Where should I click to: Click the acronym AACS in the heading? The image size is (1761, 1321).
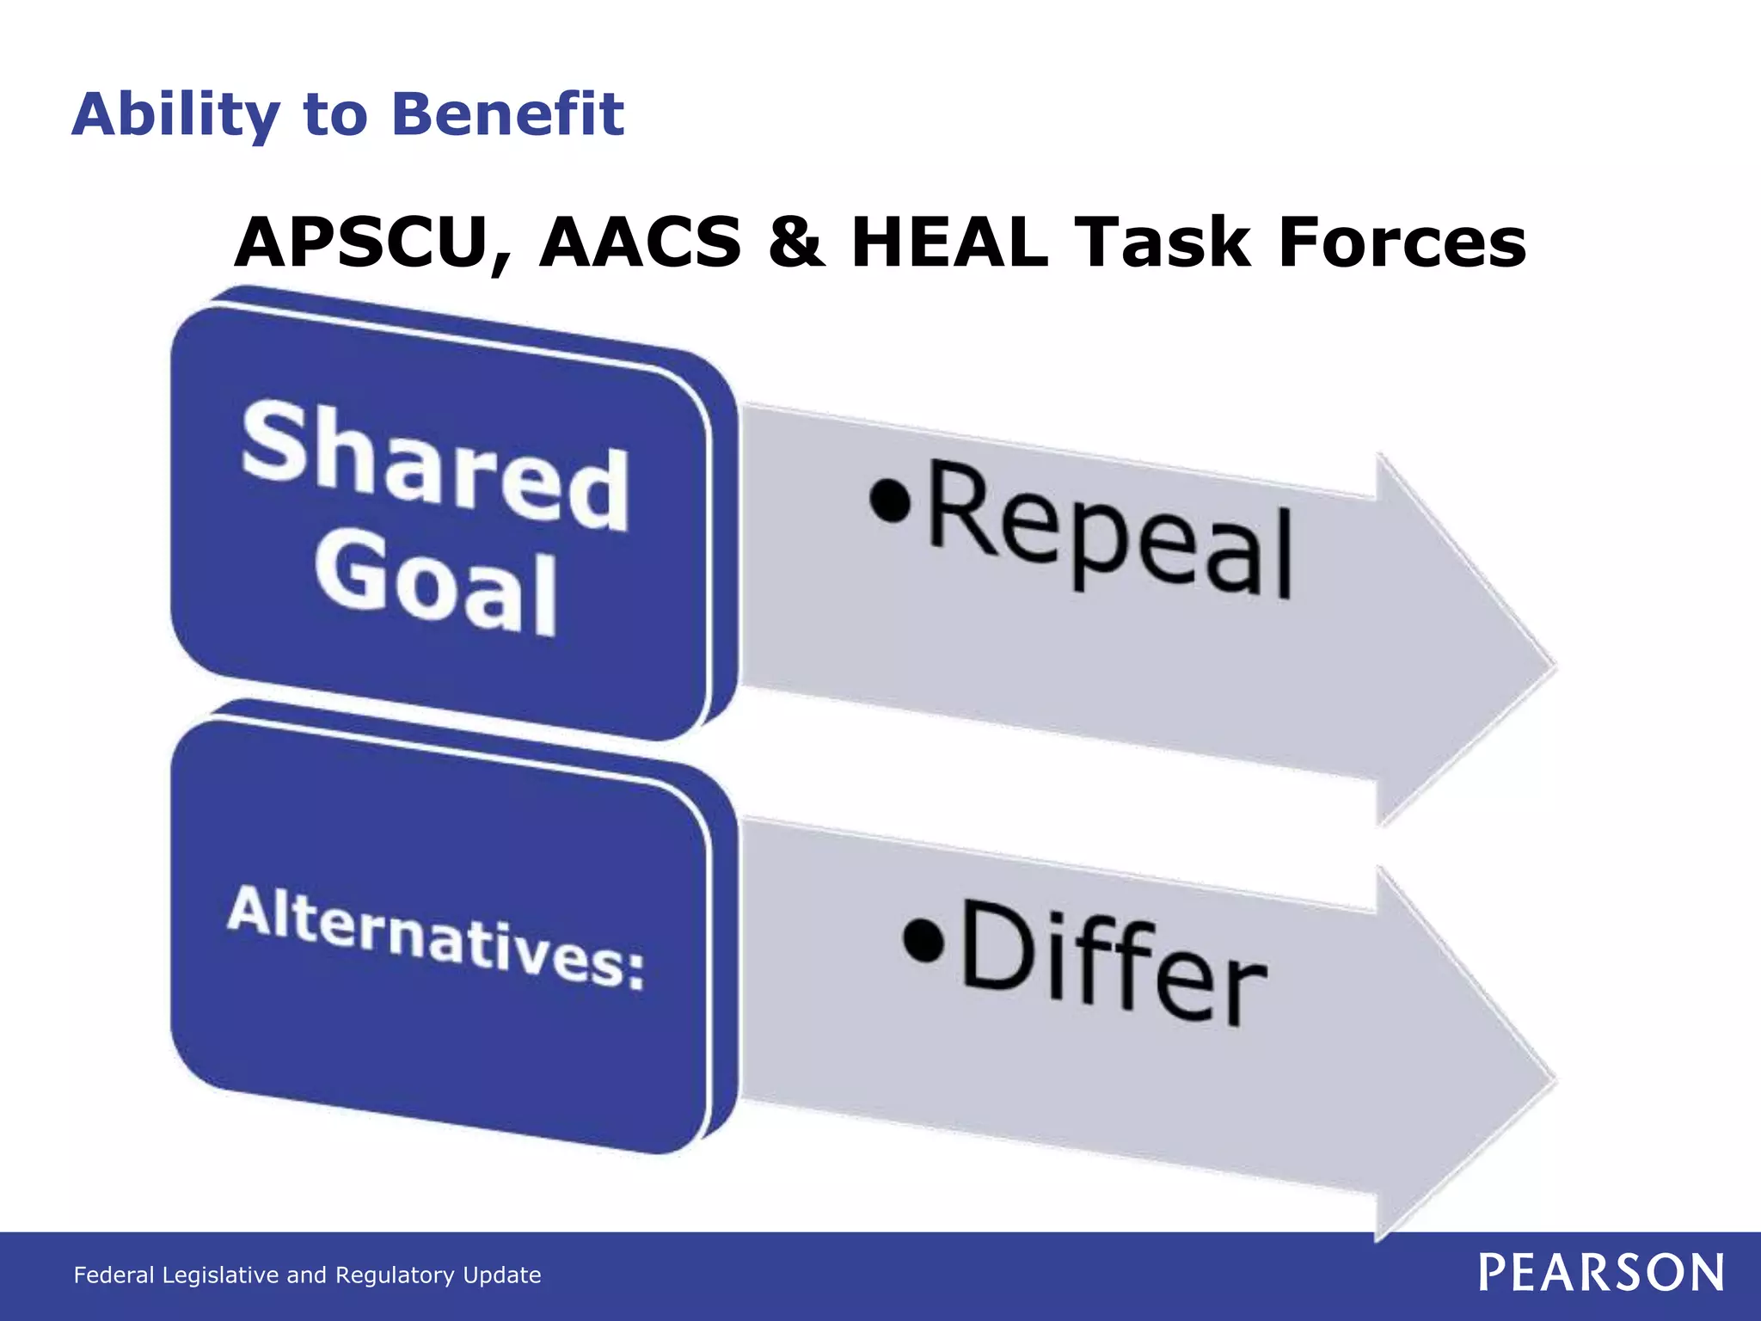(641, 243)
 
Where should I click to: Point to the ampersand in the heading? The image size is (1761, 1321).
(795, 243)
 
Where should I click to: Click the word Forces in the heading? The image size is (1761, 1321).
(1402, 243)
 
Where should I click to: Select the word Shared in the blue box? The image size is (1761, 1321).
(434, 465)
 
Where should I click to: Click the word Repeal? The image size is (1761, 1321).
(1109, 532)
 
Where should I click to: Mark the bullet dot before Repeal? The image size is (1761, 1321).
(889, 501)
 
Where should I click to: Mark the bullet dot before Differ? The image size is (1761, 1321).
(924, 939)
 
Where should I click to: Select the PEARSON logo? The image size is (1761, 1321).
(1601, 1273)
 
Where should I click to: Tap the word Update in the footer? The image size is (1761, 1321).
(502, 1275)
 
